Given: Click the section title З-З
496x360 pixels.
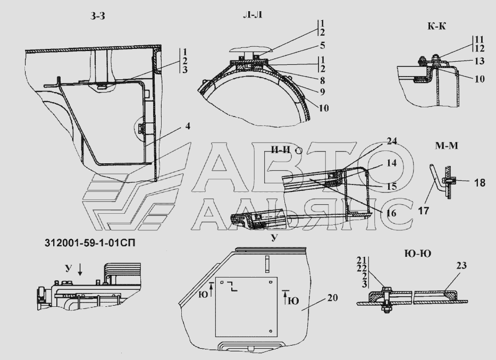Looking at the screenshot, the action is coord(97,16).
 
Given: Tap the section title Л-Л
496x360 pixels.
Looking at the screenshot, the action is coord(253,15).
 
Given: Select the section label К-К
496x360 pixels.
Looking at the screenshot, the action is coord(436,26).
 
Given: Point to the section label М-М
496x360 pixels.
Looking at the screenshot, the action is coord(447,146).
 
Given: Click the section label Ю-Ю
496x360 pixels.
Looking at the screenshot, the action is coord(418,254).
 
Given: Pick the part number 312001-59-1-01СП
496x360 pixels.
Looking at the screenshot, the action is coord(90,243).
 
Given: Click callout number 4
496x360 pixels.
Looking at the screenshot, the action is coord(188,126).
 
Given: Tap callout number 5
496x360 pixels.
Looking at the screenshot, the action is coord(322,45).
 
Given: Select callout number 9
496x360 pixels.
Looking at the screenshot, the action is coord(322,92).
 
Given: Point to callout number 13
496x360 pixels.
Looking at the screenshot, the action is coord(480,61).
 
